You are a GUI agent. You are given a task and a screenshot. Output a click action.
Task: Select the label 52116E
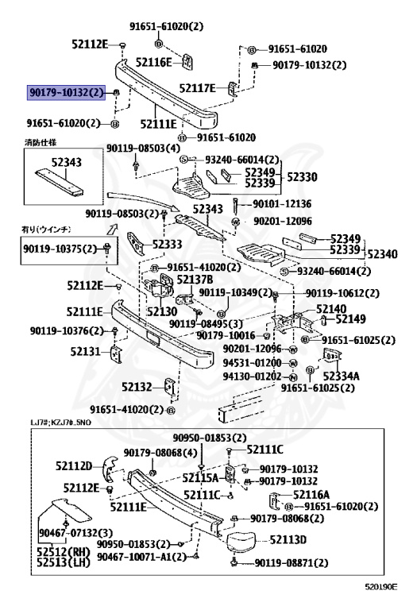pos(154,61)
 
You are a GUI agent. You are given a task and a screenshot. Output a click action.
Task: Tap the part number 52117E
pos(198,88)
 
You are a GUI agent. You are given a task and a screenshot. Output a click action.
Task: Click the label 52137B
pos(195,280)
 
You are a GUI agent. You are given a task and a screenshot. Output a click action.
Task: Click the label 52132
pos(137,387)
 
